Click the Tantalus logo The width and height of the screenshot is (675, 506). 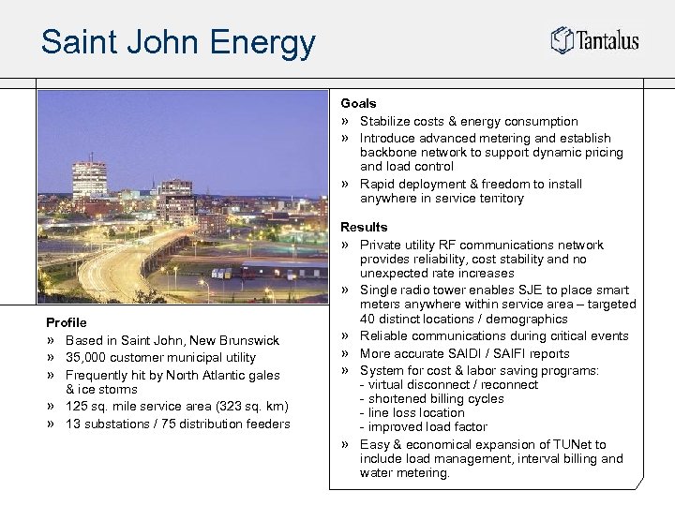pyautogui.click(x=594, y=40)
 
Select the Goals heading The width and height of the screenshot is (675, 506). pyautogui.click(x=358, y=103)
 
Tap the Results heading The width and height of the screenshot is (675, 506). pyautogui.click(x=364, y=227)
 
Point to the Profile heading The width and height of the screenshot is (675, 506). pyautogui.click(x=66, y=322)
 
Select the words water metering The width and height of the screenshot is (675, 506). pyautogui.click(x=405, y=473)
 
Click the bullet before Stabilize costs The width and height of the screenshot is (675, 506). pyautogui.click(x=345, y=122)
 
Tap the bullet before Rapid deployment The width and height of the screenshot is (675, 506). pyautogui.click(x=345, y=185)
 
